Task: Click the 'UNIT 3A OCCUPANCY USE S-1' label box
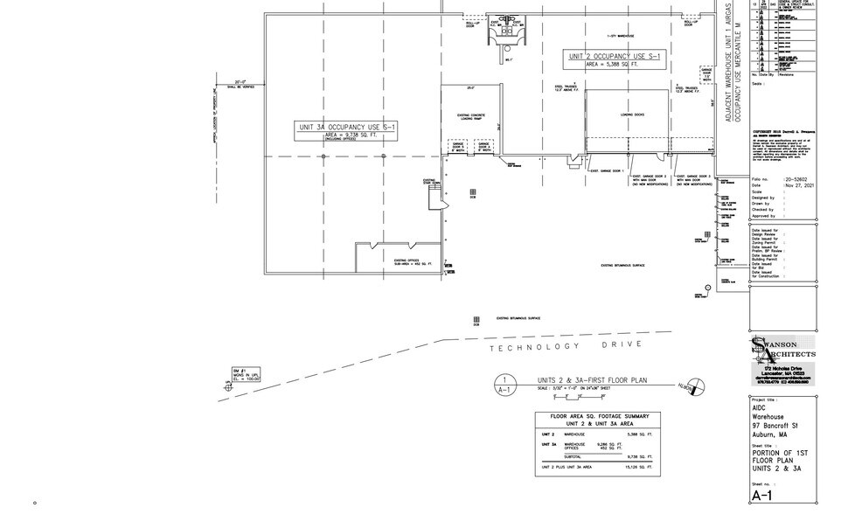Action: coord(347,130)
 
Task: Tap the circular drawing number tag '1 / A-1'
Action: coord(504,386)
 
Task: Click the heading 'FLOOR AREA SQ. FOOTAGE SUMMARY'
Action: coord(594,416)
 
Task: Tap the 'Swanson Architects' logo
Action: coord(782,350)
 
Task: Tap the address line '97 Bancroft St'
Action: coord(777,427)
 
